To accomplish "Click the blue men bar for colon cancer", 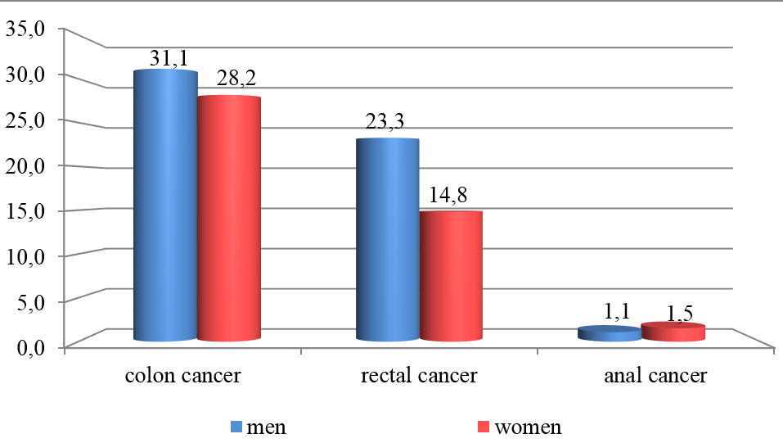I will click(x=165, y=205).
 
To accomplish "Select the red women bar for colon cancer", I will click(x=229, y=218).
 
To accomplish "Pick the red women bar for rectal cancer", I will click(x=451, y=275).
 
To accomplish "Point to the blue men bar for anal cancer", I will click(x=610, y=333).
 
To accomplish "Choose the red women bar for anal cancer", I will click(x=673, y=332).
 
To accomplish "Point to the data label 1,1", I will click(x=619, y=311).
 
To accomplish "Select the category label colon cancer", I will click(x=182, y=377).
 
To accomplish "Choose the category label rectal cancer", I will click(x=418, y=377).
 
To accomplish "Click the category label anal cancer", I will click(x=655, y=377).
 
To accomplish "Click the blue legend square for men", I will click(x=237, y=427).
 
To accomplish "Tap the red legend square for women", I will click(x=484, y=427).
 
